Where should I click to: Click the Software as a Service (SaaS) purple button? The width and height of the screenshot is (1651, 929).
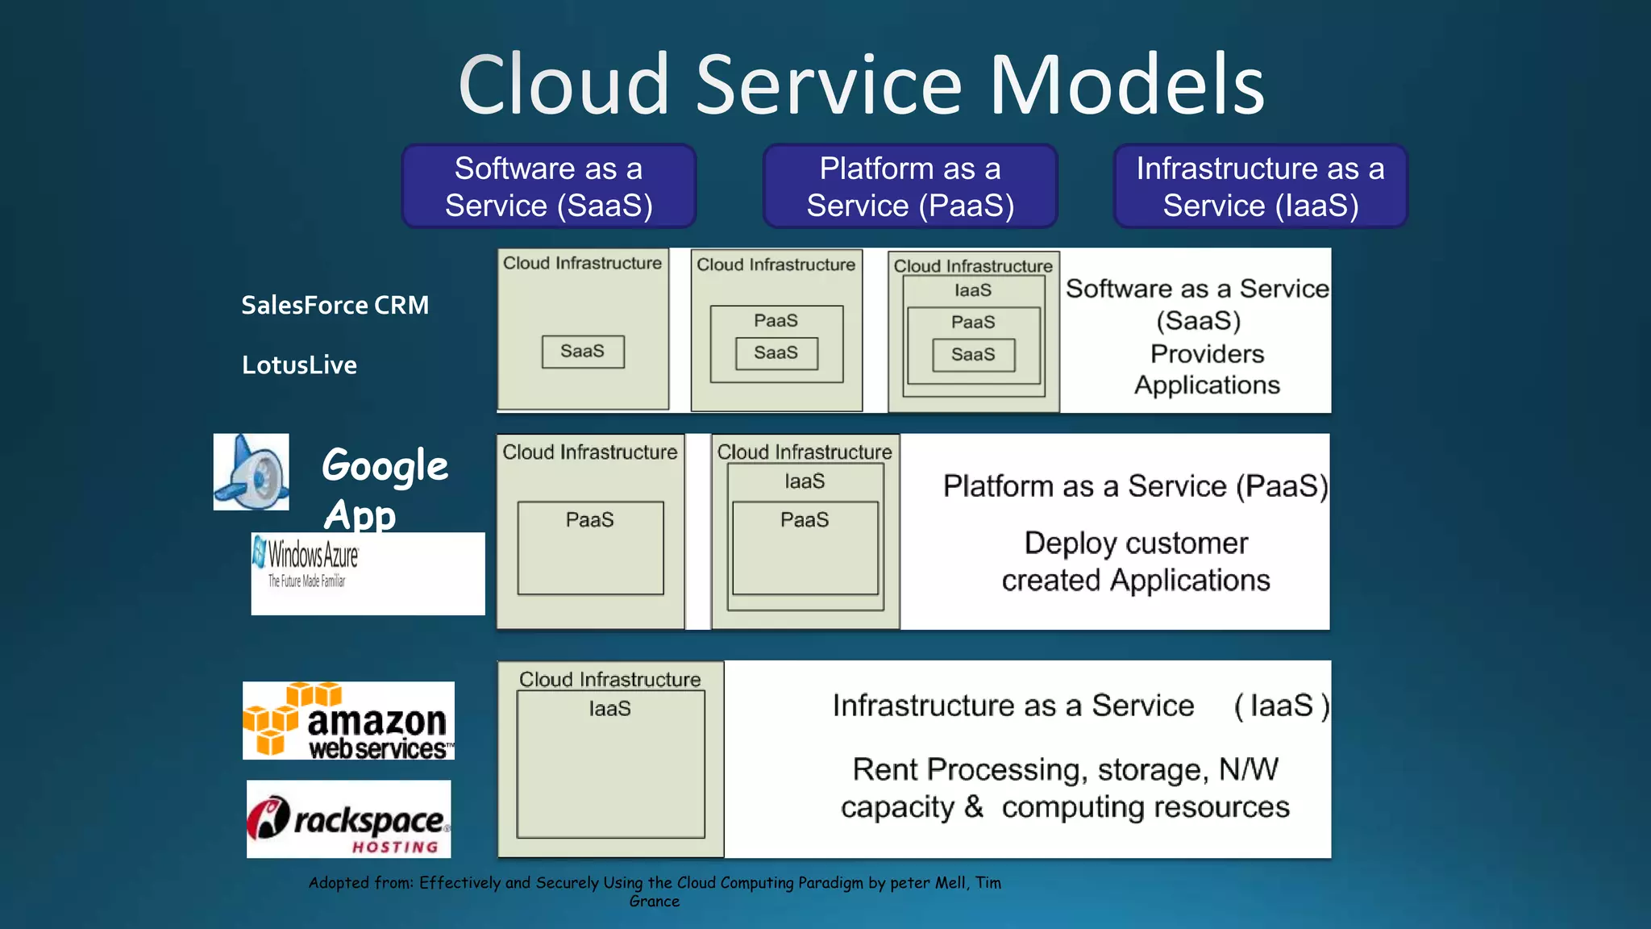(549, 186)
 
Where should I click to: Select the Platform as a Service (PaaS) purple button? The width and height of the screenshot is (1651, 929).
(910, 186)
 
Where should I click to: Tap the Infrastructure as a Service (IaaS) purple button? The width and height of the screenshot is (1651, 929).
(1260, 186)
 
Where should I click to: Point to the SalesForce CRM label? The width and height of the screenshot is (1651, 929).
(335, 306)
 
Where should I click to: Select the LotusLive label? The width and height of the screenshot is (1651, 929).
(299, 365)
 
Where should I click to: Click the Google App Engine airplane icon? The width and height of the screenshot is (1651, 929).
(252, 472)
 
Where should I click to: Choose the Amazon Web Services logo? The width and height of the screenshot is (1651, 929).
(348, 721)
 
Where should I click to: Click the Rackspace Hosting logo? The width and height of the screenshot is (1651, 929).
(348, 819)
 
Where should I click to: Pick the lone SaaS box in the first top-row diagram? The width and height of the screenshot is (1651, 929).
(583, 352)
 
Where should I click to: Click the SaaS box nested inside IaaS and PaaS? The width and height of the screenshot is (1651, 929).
(973, 355)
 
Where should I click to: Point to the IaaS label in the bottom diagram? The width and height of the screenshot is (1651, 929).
(609, 709)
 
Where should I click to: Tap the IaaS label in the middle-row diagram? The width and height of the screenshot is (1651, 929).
(805, 481)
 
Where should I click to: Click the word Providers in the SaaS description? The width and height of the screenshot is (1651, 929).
(1207, 354)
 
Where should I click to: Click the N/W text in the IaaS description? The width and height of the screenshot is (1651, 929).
(1248, 769)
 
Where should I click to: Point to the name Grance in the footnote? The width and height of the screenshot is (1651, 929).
(655, 902)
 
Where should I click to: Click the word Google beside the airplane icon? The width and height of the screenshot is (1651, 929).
(385, 467)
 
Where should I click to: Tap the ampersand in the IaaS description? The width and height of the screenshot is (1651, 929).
(974, 806)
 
